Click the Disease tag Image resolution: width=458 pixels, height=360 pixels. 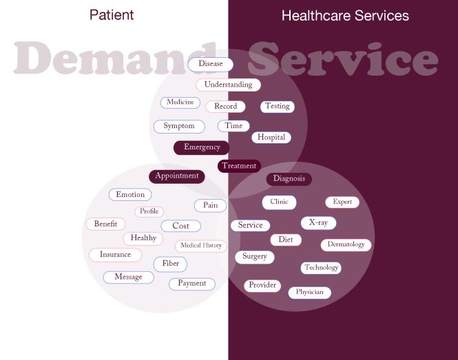point(211,64)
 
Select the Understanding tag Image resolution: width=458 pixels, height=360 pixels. point(229,85)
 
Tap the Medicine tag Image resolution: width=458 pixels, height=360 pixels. point(180,103)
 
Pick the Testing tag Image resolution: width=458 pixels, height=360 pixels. point(278,107)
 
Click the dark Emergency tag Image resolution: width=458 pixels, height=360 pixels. point(202,147)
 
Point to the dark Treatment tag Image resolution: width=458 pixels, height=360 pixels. point(239,166)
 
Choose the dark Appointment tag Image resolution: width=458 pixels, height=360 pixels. point(177,176)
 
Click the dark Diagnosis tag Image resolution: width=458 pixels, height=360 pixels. point(289,179)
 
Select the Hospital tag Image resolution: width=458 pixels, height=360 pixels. point(271,138)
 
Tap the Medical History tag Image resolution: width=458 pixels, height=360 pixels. point(201,246)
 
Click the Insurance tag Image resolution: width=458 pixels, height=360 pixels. point(115,255)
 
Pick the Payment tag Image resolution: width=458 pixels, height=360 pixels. point(192,284)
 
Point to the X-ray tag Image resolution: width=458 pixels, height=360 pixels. point(318,223)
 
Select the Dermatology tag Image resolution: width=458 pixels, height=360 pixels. point(346,245)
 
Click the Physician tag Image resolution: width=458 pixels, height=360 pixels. point(310,293)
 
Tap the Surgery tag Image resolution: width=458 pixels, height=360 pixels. point(255,257)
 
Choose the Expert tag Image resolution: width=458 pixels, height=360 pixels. point(342,202)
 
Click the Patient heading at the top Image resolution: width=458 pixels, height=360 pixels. point(112,15)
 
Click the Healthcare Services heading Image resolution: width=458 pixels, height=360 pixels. point(345,15)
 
